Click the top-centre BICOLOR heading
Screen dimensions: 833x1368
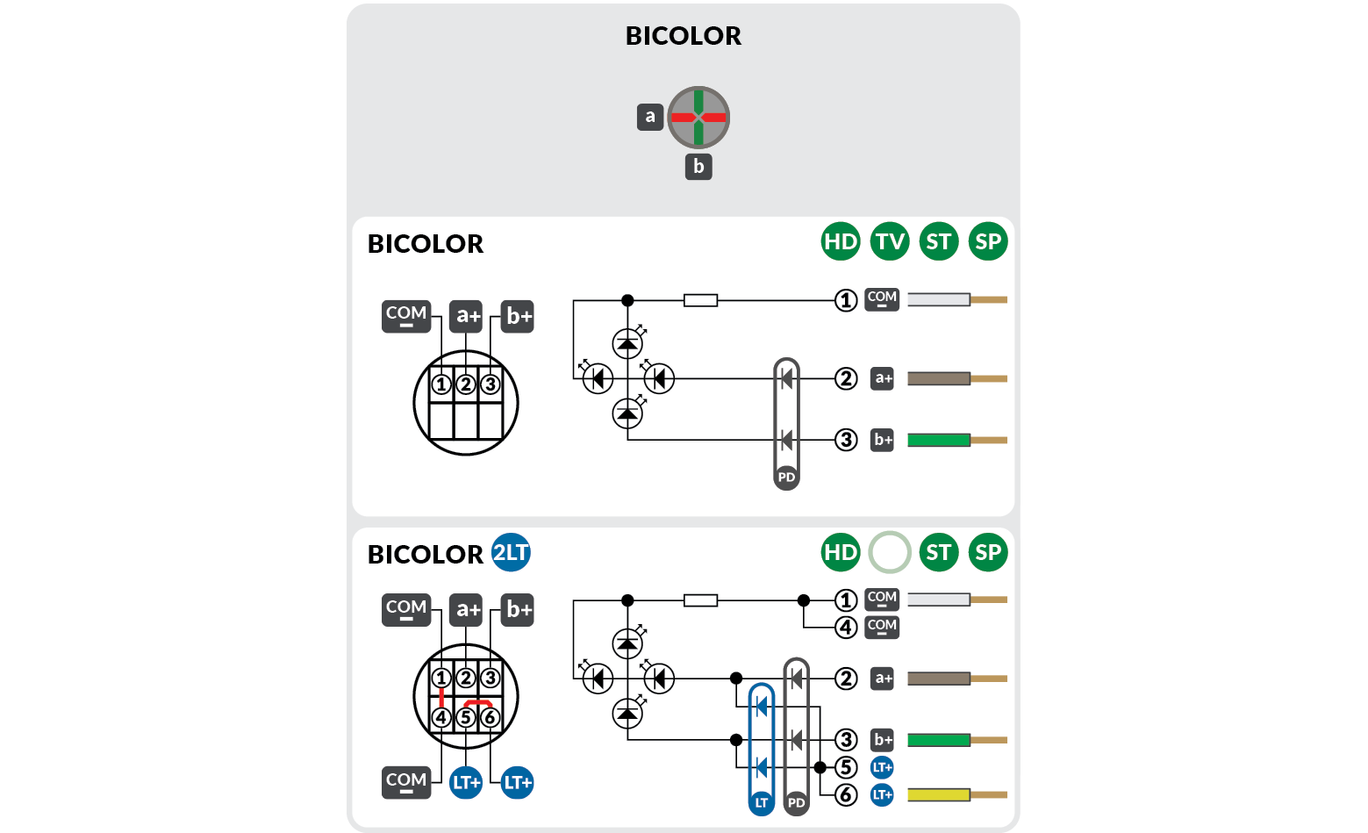tap(683, 36)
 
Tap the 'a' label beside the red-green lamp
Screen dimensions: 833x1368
tap(649, 117)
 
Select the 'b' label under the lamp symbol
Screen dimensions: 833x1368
tap(698, 166)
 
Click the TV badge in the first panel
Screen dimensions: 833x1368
tap(890, 241)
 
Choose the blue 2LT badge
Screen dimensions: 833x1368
tap(511, 553)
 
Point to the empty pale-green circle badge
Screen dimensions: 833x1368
tap(890, 552)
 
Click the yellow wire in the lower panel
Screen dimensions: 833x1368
tap(939, 794)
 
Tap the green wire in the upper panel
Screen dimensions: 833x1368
tap(939, 440)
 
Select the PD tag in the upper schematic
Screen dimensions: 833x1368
tap(786, 478)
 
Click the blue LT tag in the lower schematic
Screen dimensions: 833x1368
tap(761, 802)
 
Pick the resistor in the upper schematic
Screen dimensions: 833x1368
tap(700, 300)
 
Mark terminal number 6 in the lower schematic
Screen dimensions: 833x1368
tap(846, 794)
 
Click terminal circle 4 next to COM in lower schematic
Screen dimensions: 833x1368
tap(846, 628)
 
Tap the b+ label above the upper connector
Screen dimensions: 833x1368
tap(519, 316)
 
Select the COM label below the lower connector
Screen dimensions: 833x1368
tap(406, 781)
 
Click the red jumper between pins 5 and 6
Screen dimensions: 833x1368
tap(478, 703)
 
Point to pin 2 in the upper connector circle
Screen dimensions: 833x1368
tap(466, 384)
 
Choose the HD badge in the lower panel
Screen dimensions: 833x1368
tap(841, 552)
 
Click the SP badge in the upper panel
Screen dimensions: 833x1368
tap(988, 241)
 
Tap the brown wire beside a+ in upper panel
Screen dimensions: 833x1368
tap(939, 378)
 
